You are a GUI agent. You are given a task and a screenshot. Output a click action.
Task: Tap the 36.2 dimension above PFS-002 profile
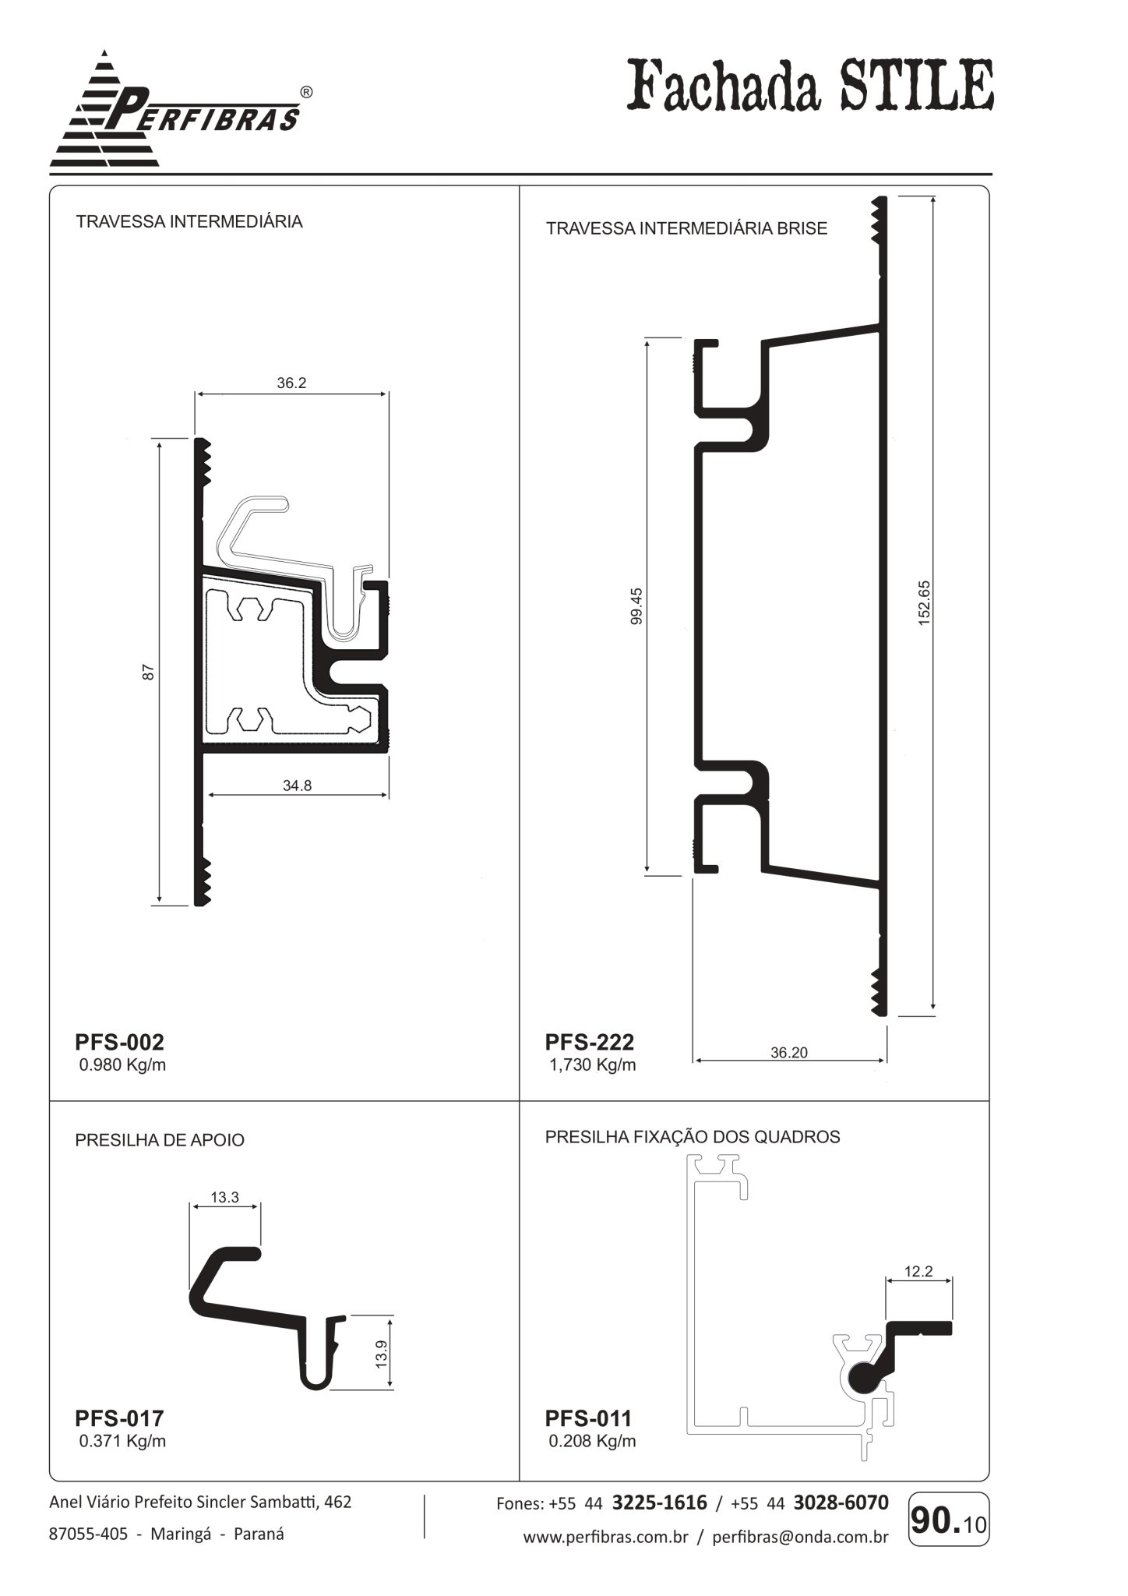point(291,383)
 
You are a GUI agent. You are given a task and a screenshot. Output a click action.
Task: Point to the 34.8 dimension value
point(297,786)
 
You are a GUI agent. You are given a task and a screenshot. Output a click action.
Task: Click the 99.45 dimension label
point(636,606)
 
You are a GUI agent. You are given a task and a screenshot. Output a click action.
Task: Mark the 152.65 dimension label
point(924,602)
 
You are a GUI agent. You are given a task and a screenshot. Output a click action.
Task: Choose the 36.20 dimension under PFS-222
point(789,1052)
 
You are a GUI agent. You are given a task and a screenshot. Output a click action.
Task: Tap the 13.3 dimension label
point(224,1197)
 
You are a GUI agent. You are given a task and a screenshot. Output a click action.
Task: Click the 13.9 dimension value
point(381,1354)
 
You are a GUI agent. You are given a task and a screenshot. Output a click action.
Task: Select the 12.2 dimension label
point(918,1271)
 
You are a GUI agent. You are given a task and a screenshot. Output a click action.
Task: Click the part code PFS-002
point(119,1042)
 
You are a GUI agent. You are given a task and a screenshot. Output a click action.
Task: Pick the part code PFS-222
point(590,1042)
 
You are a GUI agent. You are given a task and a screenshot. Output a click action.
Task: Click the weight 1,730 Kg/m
point(593,1065)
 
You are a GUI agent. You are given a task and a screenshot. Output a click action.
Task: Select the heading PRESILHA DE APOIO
point(160,1140)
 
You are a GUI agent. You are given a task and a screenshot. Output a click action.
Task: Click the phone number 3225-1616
point(660,1502)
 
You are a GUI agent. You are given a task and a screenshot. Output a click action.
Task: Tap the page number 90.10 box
point(949,1519)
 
